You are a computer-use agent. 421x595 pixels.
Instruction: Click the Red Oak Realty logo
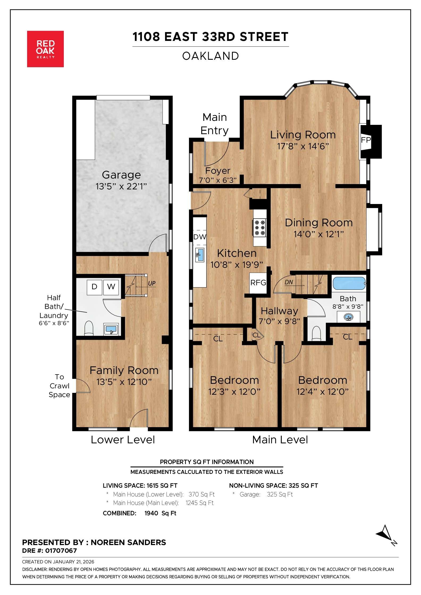tap(45, 49)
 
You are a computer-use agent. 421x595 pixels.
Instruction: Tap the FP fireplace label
tap(365, 140)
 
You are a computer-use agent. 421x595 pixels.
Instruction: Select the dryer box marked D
tap(94, 287)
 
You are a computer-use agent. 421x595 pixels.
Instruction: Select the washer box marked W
tap(111, 287)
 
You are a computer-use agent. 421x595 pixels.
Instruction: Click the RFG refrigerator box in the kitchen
tap(258, 283)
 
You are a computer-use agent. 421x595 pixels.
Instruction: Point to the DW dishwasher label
tap(200, 237)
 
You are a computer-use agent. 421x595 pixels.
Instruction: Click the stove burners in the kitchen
tap(260, 227)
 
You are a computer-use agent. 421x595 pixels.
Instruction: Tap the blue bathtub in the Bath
tap(349, 283)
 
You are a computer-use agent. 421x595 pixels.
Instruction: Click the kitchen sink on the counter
tap(200, 255)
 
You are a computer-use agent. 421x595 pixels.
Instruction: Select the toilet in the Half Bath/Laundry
tap(89, 329)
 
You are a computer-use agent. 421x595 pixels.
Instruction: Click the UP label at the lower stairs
tap(151, 283)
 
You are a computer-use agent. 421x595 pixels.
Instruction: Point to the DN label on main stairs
tap(289, 282)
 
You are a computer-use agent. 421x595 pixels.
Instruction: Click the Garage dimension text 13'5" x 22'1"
tap(121, 186)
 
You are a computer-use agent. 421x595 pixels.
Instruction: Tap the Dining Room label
tap(319, 223)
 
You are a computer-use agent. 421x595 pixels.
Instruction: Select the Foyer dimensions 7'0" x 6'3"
tap(218, 180)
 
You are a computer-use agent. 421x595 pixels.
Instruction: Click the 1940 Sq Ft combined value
tap(160, 513)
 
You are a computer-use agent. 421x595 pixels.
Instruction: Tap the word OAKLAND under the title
tap(210, 56)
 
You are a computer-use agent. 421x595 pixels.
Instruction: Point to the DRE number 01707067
tap(61, 551)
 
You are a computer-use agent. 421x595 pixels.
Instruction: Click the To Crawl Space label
tap(59, 386)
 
